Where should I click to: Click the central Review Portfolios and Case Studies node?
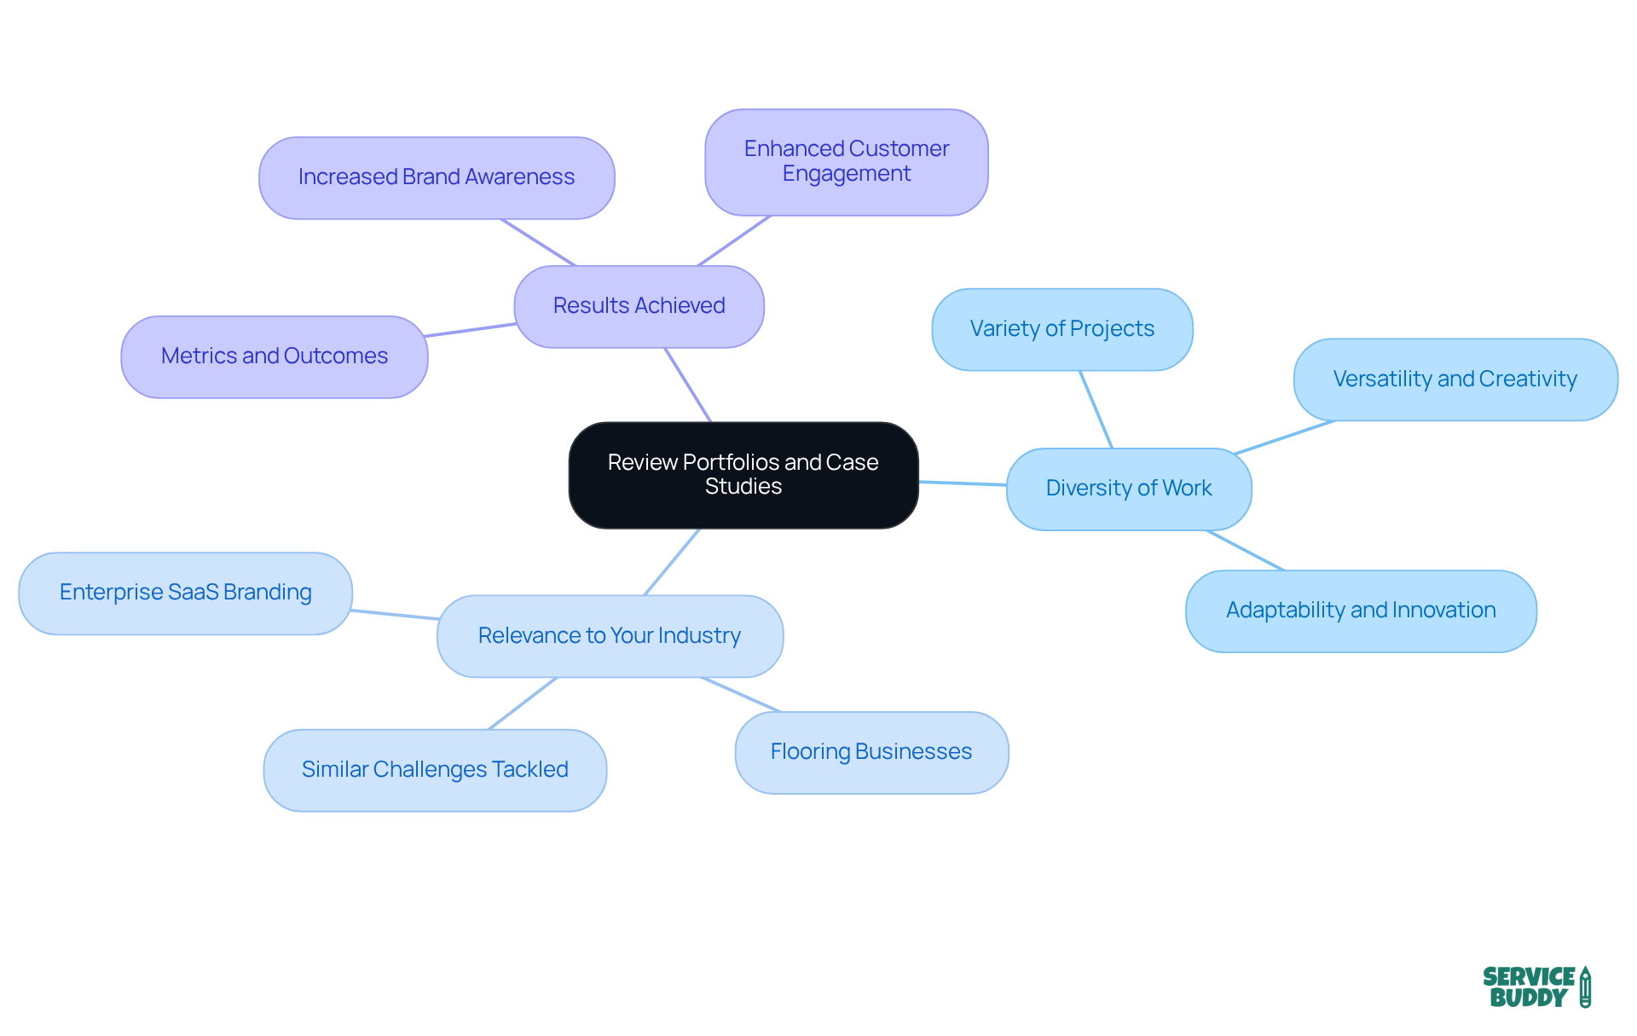tap(743, 475)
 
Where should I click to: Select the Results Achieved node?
tap(639, 306)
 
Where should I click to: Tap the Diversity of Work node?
tap(1128, 489)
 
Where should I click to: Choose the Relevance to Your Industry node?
tap(609, 636)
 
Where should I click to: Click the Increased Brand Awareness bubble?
tap(436, 177)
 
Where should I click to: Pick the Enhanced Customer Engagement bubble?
tap(846, 162)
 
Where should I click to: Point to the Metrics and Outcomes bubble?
tap(274, 356)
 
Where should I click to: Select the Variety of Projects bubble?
tap(1061, 329)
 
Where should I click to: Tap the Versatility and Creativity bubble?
tap(1455, 379)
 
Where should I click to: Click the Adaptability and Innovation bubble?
tap(1360, 611)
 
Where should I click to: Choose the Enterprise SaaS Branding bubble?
tap(185, 593)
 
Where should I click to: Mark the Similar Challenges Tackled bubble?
tap(435, 770)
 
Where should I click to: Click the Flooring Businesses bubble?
tap(871, 752)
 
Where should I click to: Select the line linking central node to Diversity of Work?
tap(963, 483)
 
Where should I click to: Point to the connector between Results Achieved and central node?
tap(688, 385)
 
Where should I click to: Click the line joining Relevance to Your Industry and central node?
tap(672, 562)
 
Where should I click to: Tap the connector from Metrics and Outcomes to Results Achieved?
tap(471, 330)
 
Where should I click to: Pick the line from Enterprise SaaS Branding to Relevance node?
tap(395, 614)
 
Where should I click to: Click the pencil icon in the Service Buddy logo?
tap(1585, 987)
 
